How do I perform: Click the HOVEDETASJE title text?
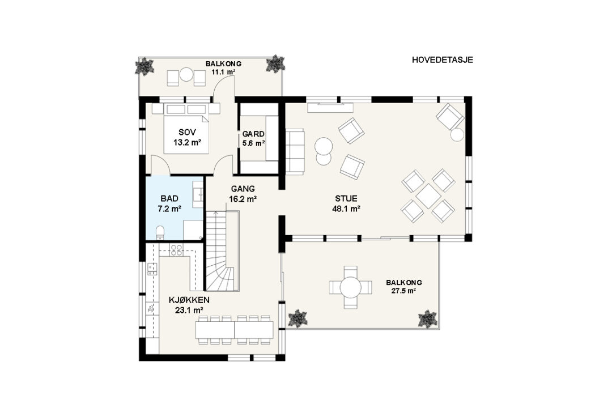(x=442, y=59)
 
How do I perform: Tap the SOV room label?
(x=188, y=132)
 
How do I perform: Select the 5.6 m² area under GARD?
(x=254, y=143)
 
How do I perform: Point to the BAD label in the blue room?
(x=169, y=199)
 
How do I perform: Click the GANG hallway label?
(x=243, y=189)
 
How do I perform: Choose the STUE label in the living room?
(x=346, y=199)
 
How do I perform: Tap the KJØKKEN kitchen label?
(x=189, y=300)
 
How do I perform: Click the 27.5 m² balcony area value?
(x=404, y=291)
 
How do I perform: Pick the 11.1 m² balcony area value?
(x=223, y=72)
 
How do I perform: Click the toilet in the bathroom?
(x=160, y=232)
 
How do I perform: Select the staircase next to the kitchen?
(x=222, y=250)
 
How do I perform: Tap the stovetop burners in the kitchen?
(x=176, y=250)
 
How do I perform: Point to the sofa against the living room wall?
(x=295, y=151)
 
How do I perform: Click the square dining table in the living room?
(x=428, y=197)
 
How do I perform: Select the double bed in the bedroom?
(x=185, y=133)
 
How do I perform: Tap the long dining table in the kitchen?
(x=234, y=330)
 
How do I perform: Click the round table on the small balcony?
(x=186, y=74)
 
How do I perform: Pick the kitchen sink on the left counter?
(x=151, y=309)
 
